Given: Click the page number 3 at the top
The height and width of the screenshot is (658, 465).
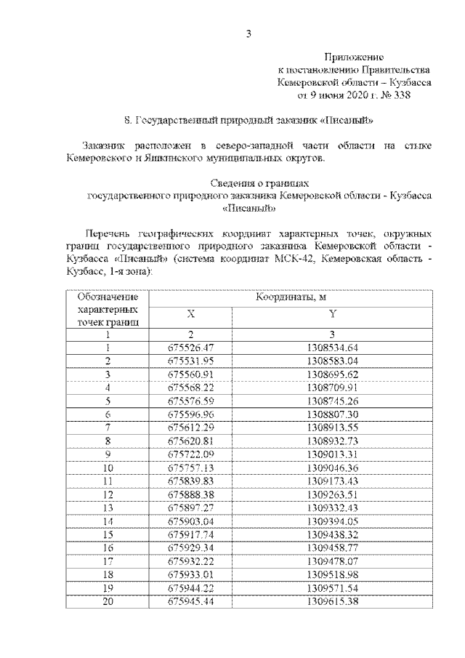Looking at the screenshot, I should click(248, 33).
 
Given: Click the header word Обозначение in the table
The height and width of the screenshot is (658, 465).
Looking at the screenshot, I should click(107, 297).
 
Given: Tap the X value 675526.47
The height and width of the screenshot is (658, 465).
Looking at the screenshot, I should click(190, 348).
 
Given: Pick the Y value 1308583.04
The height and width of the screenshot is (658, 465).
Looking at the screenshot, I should click(332, 361).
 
